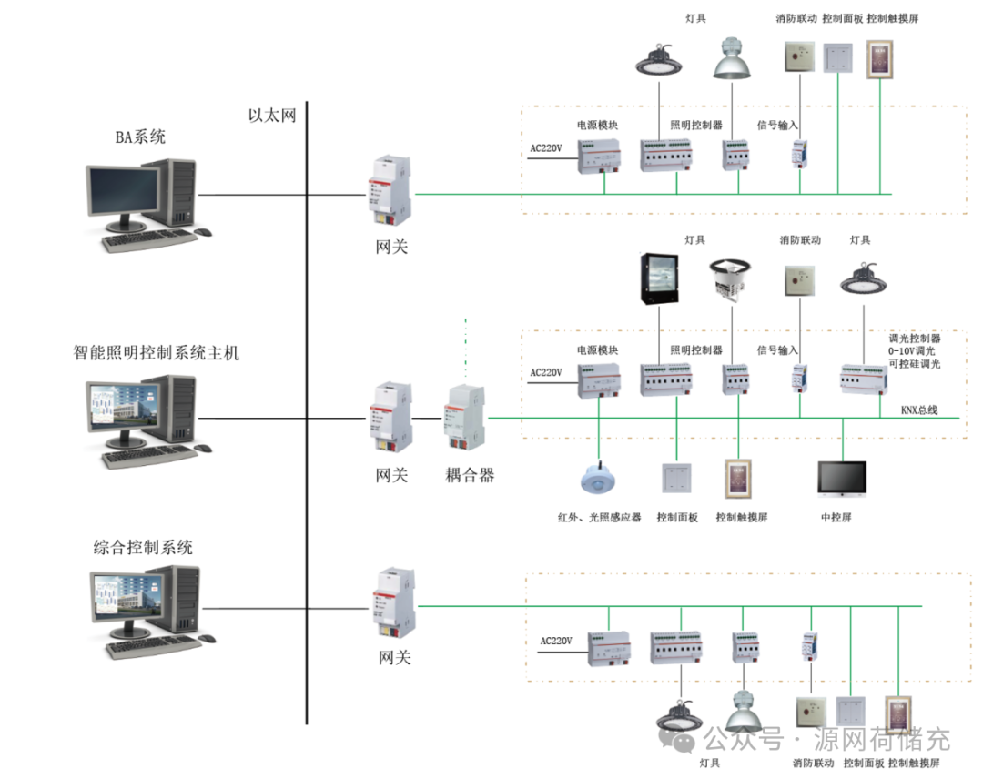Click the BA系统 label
[x=140, y=137]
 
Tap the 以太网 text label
[x=272, y=116]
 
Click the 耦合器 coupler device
[x=463, y=415]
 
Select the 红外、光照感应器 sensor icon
[x=599, y=479]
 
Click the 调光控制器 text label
[x=915, y=337]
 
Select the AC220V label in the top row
[x=546, y=147]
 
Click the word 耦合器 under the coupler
[x=470, y=474]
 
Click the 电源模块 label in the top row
[x=597, y=125]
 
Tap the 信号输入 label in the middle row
[x=777, y=350]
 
